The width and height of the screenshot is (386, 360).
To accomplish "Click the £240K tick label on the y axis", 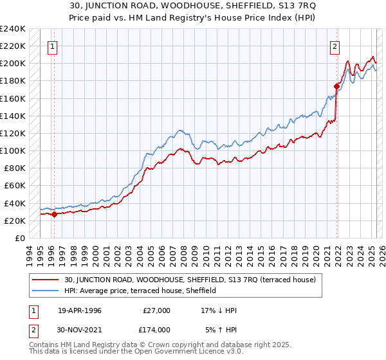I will [13, 29].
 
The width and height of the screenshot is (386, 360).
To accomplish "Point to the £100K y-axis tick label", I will [13, 150].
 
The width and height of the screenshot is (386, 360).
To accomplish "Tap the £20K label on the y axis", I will [15, 221].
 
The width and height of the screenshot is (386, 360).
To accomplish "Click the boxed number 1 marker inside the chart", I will [52, 46].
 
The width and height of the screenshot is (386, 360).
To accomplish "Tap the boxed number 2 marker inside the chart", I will [335, 46].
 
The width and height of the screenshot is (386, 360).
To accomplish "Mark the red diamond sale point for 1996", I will [55, 215].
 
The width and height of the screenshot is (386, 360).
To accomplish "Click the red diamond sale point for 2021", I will [336, 86].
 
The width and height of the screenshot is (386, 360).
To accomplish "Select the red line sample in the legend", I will [46, 280].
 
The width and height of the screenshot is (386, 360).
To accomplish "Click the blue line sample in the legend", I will [46, 291].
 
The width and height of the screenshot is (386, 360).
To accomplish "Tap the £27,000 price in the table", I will [156, 310].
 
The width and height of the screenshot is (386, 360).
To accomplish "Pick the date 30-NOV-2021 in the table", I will [80, 329].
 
